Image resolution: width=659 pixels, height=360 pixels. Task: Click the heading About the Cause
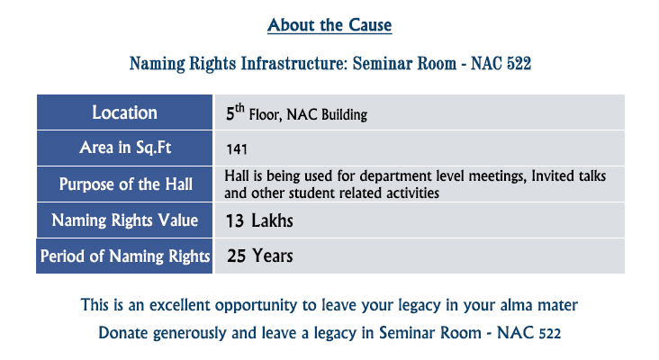pos(329,25)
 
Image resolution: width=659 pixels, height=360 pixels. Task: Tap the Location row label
pos(124,112)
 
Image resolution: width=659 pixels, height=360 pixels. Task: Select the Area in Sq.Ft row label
pos(125,148)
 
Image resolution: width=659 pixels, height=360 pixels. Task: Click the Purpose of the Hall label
pos(126,184)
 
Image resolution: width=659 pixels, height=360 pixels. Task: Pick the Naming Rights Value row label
pos(125,220)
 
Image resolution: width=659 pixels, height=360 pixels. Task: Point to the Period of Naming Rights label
pos(125,256)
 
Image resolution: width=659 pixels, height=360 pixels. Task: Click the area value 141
pos(237,149)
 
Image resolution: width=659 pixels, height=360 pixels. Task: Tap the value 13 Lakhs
pos(259,221)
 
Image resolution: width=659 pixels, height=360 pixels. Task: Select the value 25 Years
pos(260,256)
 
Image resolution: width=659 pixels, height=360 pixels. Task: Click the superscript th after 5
pos(239,108)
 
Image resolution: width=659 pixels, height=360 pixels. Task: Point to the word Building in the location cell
pos(344,114)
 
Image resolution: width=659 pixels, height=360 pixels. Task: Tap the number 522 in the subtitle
pos(519,64)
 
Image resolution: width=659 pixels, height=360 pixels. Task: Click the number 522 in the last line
pos(550,334)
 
